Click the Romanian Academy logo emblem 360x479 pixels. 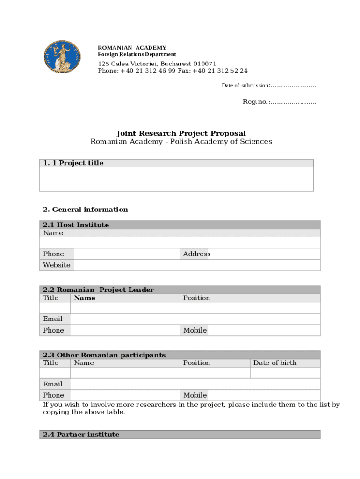click(62, 57)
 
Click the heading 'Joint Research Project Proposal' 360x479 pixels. click(181, 133)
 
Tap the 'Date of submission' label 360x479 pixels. click(245, 85)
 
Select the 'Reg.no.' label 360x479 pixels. click(255, 102)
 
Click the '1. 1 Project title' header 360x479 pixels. click(73, 163)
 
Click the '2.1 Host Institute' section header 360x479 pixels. click(76, 225)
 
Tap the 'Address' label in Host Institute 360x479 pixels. click(197, 254)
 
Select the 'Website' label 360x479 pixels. click(57, 265)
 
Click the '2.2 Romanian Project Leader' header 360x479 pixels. click(98, 290)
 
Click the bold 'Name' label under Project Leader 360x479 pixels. click(85, 298)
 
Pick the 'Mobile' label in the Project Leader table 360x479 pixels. click(195, 330)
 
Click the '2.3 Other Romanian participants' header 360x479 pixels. click(104, 355)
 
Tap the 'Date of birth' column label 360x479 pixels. click(275, 363)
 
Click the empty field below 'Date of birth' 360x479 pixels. click(285, 373)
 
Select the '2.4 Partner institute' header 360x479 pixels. click(81, 435)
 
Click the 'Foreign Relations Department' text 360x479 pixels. click(137, 54)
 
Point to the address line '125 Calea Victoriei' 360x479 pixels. click(157, 64)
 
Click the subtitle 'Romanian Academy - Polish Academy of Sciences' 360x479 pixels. click(181, 142)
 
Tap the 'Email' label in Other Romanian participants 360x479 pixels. click(53, 384)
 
